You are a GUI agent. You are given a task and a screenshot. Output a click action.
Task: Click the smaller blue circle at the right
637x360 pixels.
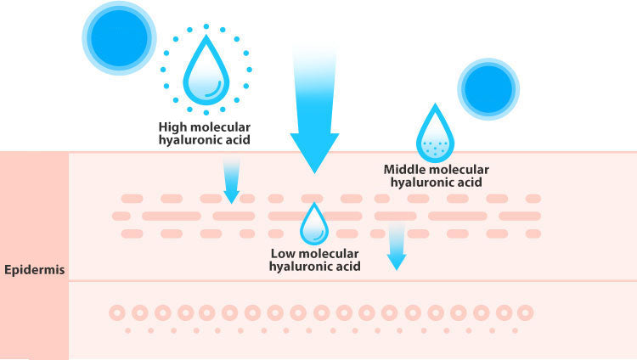pyautogui.click(x=488, y=88)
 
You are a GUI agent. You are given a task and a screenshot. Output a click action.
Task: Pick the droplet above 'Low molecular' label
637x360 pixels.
pyautogui.click(x=314, y=225)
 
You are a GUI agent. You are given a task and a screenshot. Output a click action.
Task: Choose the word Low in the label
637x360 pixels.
pyautogui.click(x=283, y=253)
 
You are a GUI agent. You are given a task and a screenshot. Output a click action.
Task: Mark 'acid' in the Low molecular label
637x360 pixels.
pyautogui.click(x=347, y=266)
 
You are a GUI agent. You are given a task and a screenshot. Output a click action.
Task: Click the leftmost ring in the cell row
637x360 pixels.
pyautogui.click(x=117, y=312)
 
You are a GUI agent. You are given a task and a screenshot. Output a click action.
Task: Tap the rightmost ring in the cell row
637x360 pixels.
pyautogui.click(x=525, y=312)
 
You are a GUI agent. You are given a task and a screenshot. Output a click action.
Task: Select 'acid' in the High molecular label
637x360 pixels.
pyautogui.click(x=236, y=140)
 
